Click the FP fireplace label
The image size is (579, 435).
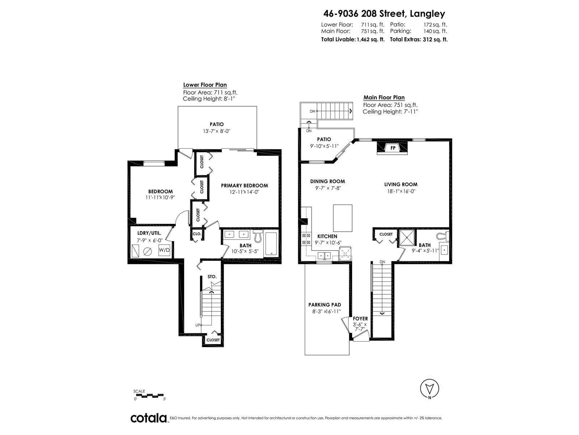[393, 148]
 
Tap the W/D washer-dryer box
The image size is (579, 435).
[164, 250]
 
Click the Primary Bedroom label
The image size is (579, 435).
[244, 186]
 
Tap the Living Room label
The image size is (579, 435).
[401, 185]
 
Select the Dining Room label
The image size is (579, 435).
[327, 182]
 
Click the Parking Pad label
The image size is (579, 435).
[325, 305]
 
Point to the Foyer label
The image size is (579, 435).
[360, 319]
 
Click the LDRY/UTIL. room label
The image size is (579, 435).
[149, 233]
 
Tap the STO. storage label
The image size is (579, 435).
[212, 277]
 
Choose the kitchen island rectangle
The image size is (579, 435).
[342, 218]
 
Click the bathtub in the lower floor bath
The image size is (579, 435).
[271, 244]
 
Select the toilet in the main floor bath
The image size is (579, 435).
[442, 236]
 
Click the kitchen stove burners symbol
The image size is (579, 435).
[306, 239]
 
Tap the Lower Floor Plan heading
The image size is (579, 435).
[205, 85]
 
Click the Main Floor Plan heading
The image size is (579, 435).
[384, 98]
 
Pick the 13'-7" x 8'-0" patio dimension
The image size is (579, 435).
[216, 131]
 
